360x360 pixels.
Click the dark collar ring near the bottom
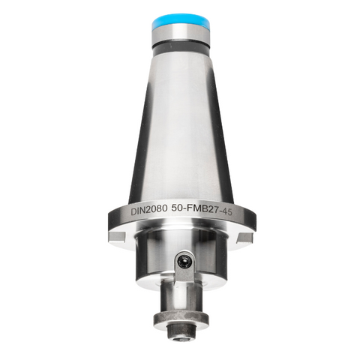[181, 318]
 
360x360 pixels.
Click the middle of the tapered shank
[180, 127]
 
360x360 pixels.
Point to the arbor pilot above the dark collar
[180, 295]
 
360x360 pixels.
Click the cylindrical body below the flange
[154, 259]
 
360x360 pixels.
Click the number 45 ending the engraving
[239, 211]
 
